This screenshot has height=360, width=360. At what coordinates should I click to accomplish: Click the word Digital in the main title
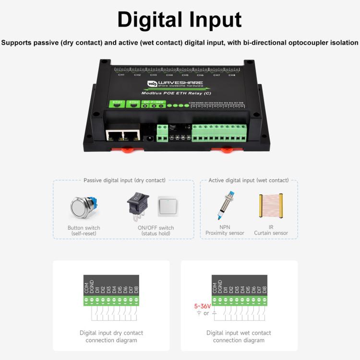(149, 20)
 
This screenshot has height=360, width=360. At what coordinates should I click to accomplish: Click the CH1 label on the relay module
(121, 75)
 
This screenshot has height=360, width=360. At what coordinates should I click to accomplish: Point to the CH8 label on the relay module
(232, 75)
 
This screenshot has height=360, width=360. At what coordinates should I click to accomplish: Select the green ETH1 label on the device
(117, 102)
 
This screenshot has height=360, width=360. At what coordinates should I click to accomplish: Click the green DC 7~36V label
(154, 102)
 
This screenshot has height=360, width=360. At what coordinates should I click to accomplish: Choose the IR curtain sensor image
(271, 208)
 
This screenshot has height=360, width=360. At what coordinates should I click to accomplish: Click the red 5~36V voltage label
(203, 306)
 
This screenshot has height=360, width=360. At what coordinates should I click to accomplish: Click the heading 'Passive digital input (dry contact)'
(124, 180)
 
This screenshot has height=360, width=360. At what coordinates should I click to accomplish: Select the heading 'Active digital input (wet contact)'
(249, 180)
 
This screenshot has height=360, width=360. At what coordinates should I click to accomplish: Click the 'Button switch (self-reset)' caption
(84, 230)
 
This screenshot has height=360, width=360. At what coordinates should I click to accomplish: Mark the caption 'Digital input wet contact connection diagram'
(239, 336)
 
